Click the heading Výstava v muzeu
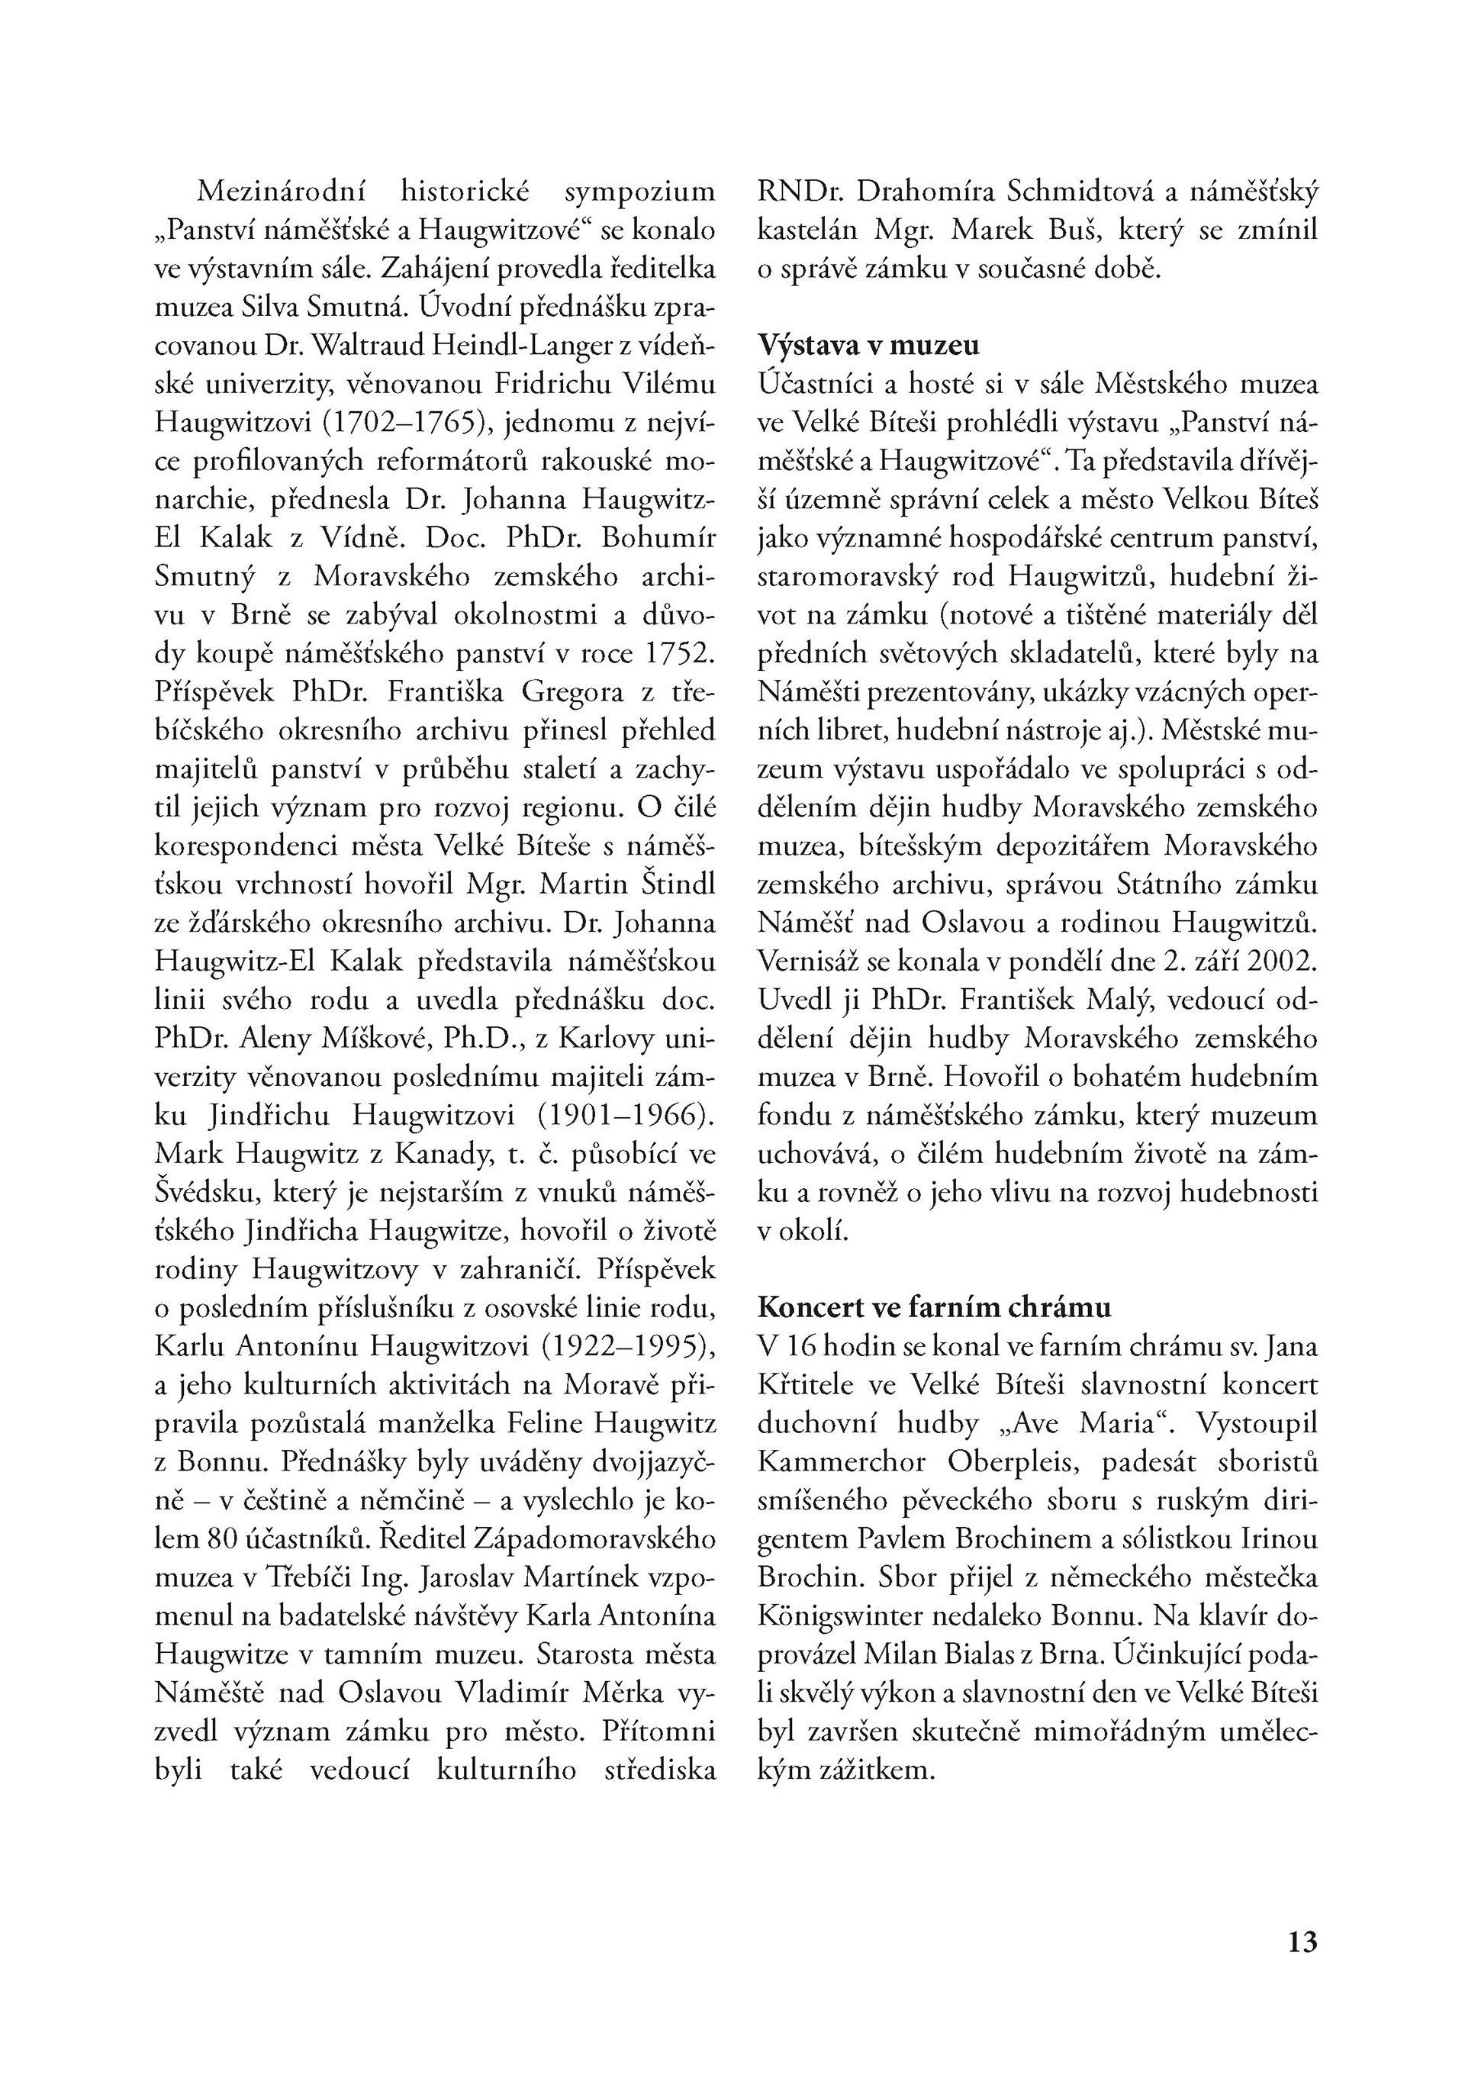pyautogui.click(x=868, y=346)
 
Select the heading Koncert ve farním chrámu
pyautogui.click(x=934, y=1307)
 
